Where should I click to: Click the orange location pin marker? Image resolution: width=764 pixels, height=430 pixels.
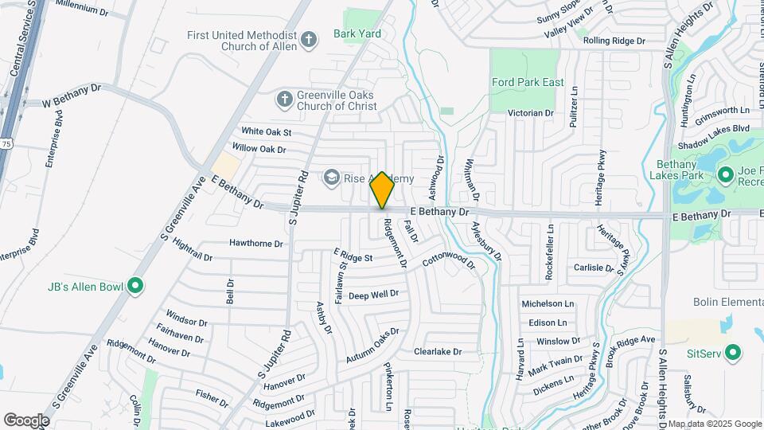(x=382, y=190)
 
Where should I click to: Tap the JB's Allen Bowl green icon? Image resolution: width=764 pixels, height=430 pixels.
(x=135, y=284)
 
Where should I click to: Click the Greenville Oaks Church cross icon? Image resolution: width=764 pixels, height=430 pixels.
(x=283, y=100)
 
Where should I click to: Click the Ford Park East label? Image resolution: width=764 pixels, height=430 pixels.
(x=528, y=82)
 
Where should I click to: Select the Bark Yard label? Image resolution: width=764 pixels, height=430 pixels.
(x=357, y=33)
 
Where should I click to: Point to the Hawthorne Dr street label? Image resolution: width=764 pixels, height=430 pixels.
(x=256, y=243)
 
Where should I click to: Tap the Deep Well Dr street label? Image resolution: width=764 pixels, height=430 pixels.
(x=373, y=295)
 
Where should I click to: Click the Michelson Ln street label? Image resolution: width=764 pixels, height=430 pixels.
(x=548, y=304)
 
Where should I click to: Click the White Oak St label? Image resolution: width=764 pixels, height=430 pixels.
(x=267, y=131)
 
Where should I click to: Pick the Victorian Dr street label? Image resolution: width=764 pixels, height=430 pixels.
(x=531, y=113)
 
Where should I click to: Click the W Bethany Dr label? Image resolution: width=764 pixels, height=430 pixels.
(x=72, y=96)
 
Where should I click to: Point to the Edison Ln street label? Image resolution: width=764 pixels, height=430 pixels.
(x=548, y=322)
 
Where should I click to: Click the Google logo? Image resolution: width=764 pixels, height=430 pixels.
(x=26, y=420)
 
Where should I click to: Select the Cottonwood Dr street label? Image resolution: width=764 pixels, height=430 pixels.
(x=448, y=261)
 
